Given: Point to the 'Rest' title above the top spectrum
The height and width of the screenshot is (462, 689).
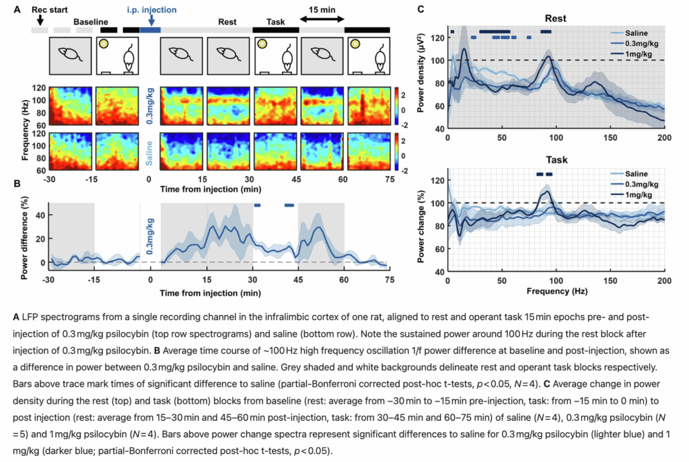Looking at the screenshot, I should point(555,19).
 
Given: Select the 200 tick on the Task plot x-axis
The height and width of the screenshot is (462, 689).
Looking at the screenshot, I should point(663,281).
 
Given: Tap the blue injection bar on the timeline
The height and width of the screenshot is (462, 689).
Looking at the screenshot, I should point(150,30).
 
